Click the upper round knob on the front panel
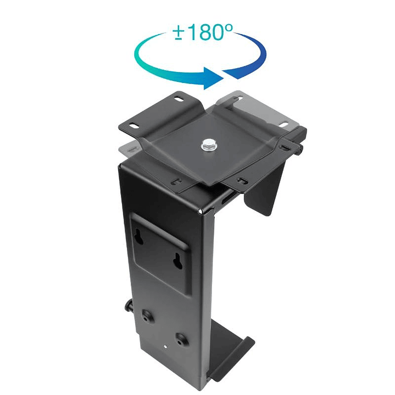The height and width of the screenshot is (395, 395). pos(147,316)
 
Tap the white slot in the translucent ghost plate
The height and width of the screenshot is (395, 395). pos(285,124)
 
